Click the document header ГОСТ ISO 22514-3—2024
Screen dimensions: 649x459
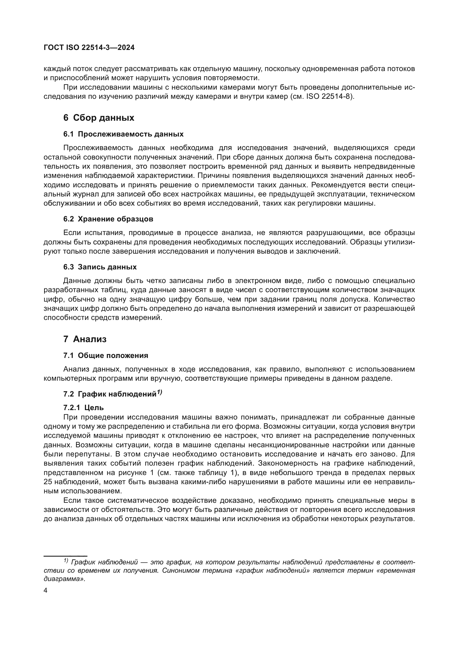89,47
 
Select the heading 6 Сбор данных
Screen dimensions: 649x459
99,118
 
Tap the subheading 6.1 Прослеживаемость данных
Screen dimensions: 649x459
123,134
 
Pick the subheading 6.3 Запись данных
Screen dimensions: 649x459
100,267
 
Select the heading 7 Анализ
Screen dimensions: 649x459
85,339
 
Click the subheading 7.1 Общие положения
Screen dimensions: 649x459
105,355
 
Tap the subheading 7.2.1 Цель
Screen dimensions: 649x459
83,408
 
